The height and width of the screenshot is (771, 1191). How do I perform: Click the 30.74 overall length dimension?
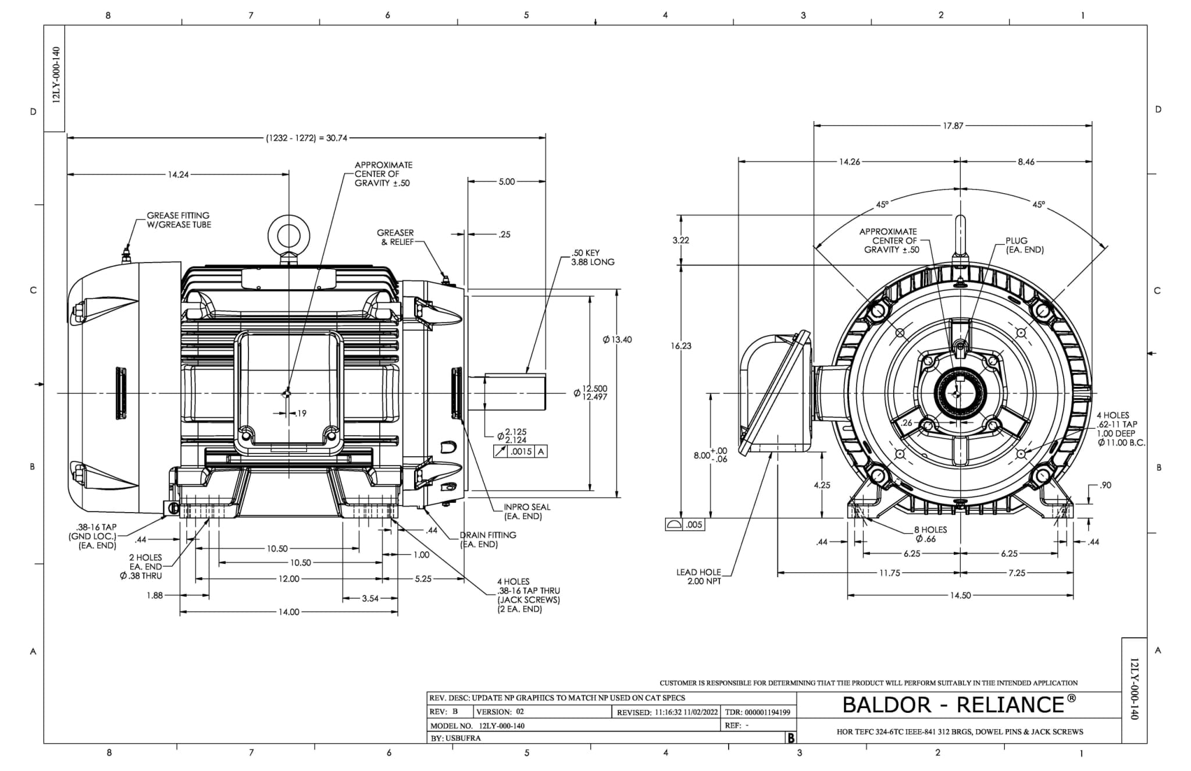[306, 138]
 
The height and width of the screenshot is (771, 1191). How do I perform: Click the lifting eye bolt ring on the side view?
[288, 236]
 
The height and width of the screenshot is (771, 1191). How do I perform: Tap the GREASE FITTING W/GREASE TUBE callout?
[179, 220]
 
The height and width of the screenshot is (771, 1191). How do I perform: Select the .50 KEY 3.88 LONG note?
[593, 258]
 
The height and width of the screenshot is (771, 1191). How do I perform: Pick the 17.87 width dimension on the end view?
[953, 126]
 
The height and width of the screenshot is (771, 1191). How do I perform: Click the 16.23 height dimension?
[681, 346]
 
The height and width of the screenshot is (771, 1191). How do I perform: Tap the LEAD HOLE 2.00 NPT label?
[698, 577]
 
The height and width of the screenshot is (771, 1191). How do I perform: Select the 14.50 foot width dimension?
[960, 596]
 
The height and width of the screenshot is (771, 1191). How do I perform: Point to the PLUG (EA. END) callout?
[1025, 245]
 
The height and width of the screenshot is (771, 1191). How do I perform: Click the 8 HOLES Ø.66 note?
[930, 534]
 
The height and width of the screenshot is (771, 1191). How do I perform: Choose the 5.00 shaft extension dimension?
[507, 182]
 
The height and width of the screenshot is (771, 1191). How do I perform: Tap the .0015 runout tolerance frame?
[520, 452]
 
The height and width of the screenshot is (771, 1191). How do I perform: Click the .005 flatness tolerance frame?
[684, 525]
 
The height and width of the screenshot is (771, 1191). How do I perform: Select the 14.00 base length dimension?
[289, 612]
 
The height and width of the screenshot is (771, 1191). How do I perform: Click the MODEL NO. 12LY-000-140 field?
[477, 726]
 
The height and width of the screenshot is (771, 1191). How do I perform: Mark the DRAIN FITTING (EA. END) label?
[487, 539]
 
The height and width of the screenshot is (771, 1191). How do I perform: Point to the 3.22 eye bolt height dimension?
[681, 240]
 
